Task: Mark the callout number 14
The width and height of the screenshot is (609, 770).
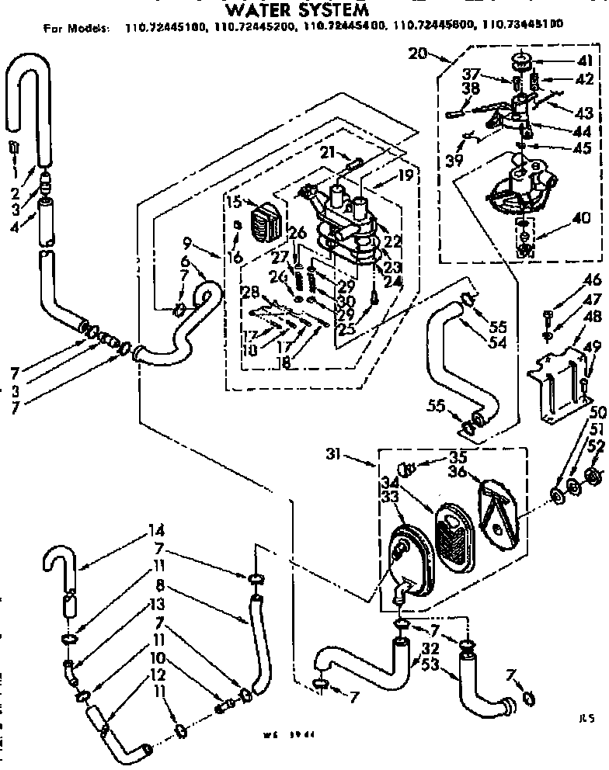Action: [x=157, y=532]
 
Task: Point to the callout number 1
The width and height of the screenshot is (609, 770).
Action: [x=14, y=174]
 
